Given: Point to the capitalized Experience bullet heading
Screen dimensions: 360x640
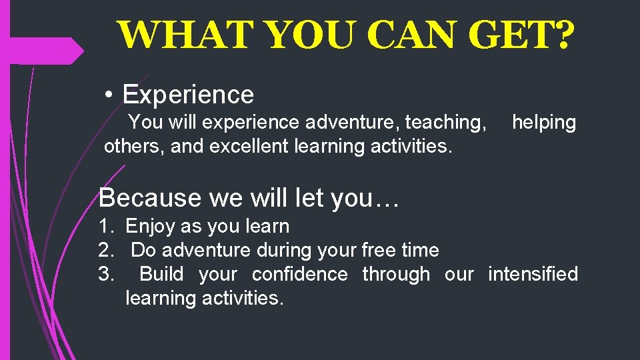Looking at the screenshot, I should pyautogui.click(x=188, y=95).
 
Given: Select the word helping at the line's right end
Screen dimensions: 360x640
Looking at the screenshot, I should pyautogui.click(x=543, y=123).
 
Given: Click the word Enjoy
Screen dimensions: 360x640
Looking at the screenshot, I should pyautogui.click(x=151, y=227).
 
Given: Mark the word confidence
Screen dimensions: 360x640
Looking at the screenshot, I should pyautogui.click(x=299, y=275).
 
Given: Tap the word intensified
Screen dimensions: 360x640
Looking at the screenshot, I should pyautogui.click(x=533, y=275).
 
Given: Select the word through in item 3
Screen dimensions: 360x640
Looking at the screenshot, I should pyautogui.click(x=396, y=275).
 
